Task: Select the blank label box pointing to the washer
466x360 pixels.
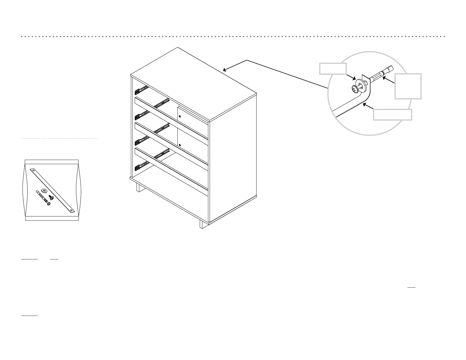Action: (x=333, y=68)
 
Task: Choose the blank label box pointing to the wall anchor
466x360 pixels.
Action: (x=408, y=86)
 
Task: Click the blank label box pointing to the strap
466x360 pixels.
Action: (x=392, y=115)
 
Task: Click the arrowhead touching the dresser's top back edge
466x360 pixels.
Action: (x=224, y=70)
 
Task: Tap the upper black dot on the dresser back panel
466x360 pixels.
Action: (x=180, y=116)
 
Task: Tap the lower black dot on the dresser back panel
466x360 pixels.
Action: (x=180, y=145)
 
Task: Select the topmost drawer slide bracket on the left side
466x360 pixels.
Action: (x=137, y=91)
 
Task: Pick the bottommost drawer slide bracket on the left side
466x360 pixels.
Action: (x=137, y=168)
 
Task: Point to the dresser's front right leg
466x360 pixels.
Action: (x=202, y=224)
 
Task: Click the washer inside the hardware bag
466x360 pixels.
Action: (x=44, y=191)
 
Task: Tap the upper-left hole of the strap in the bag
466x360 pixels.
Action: (x=33, y=170)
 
